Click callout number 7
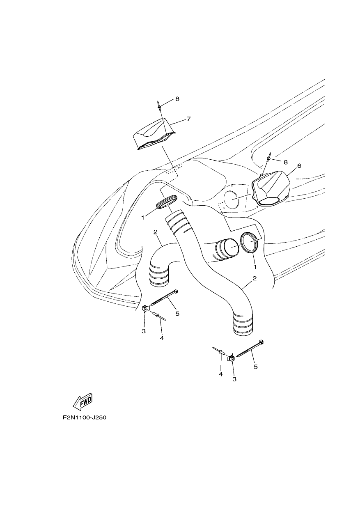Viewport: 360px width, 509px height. tap(188, 119)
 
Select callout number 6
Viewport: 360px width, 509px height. tap(299, 166)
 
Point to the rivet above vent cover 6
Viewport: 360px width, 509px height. tap(270, 157)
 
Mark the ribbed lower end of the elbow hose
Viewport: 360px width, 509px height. tap(159, 273)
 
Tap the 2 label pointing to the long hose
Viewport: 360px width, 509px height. tap(255, 278)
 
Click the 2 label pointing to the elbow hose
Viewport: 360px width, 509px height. tap(156, 232)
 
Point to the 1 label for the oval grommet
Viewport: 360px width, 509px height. tap(143, 218)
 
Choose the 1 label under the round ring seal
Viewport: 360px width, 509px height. tap(255, 267)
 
